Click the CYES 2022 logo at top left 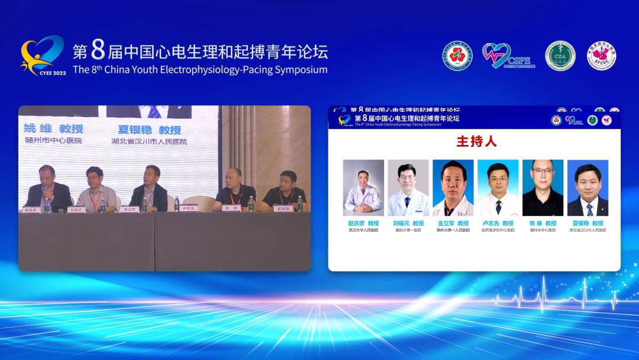(43, 56)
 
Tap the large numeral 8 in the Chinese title (98, 51)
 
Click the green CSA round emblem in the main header (560, 56)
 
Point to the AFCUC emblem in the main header (602, 56)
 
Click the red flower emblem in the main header (458, 56)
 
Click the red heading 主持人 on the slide (476, 142)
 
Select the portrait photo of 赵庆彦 (363, 188)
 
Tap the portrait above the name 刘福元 (408, 188)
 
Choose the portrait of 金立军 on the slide (453, 188)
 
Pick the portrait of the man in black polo (543, 188)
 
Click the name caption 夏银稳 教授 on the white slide (588, 223)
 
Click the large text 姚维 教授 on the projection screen (53, 129)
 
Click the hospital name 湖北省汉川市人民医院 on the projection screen (149, 142)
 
